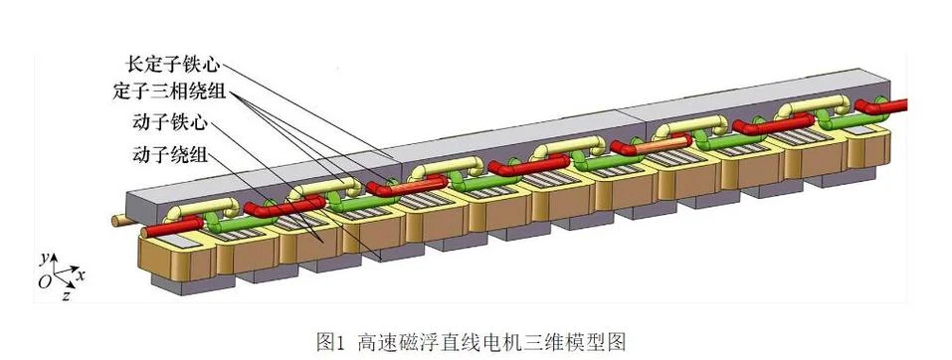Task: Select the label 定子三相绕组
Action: pos(169,92)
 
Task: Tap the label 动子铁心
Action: pos(170,124)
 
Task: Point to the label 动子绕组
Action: pos(170,155)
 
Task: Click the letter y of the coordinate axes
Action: pos(44,260)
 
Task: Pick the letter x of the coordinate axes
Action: pos(81,275)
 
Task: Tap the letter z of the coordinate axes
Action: pos(67,295)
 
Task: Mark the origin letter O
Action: pos(45,281)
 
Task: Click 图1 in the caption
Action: pos(331,342)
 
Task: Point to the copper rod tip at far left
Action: pos(116,220)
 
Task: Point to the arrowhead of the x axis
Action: pos(75,269)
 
